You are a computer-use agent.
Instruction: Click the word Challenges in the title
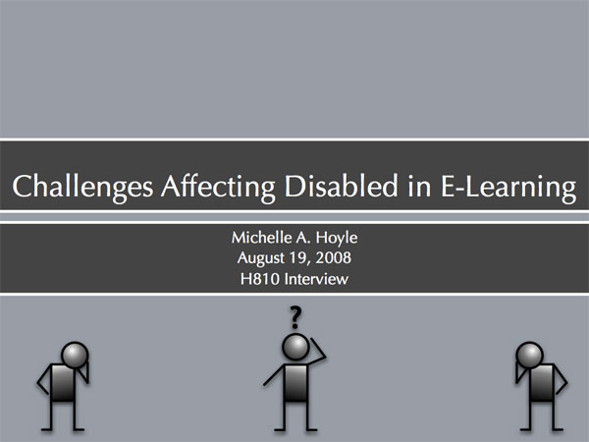click(x=82, y=187)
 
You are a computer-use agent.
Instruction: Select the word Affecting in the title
click(x=218, y=187)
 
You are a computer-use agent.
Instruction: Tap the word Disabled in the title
click(x=341, y=186)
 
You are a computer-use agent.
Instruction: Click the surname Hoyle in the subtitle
click(x=337, y=238)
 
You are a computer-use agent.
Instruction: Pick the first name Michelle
click(x=261, y=237)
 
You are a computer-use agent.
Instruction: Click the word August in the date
click(x=261, y=258)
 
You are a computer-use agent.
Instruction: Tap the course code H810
click(x=260, y=279)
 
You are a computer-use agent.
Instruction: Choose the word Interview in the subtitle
click(x=316, y=279)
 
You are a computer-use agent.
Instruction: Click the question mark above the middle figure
click(x=295, y=317)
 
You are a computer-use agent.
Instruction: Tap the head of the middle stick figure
click(x=296, y=347)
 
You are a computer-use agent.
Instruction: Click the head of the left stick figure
click(x=75, y=356)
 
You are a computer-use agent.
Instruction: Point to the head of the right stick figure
click(x=530, y=356)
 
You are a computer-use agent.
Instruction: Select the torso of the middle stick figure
click(x=296, y=383)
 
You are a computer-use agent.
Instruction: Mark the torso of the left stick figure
click(x=63, y=383)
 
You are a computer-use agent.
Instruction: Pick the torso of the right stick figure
click(x=542, y=383)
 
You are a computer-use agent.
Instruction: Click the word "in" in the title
click(x=419, y=187)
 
